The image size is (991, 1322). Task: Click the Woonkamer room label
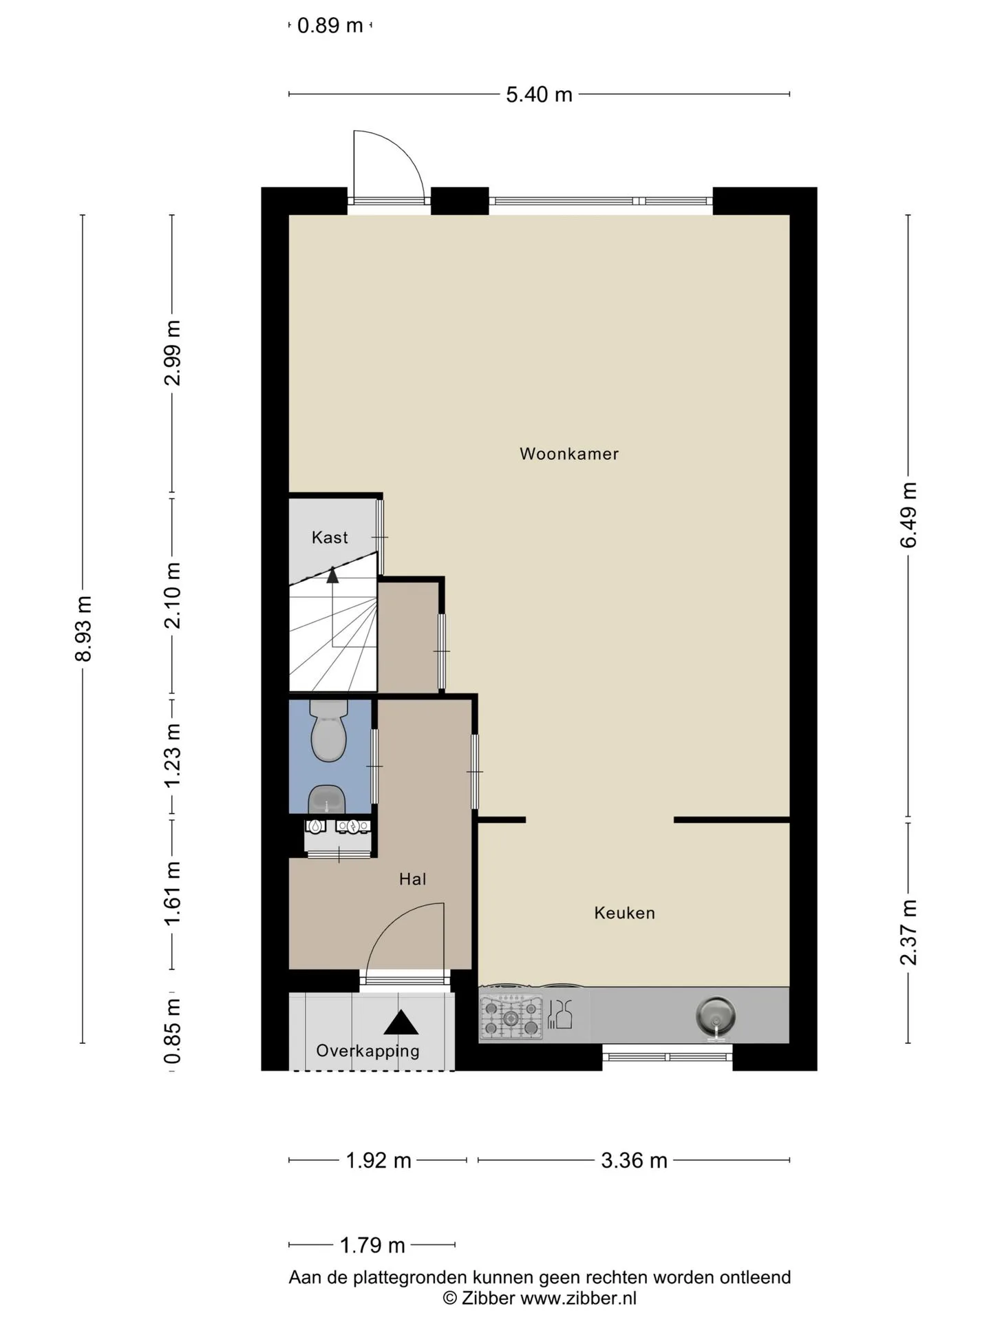click(569, 454)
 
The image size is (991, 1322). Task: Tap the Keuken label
click(624, 913)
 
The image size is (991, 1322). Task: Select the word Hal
click(413, 879)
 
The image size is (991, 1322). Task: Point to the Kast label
click(330, 538)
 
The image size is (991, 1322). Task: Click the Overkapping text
click(367, 1051)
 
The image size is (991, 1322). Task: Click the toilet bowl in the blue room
click(328, 731)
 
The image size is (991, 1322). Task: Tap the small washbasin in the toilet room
click(326, 799)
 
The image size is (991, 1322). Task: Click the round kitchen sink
click(716, 1016)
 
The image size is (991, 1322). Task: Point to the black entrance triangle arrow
click(401, 1022)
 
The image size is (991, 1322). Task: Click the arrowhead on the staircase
click(332, 574)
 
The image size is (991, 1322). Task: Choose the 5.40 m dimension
click(539, 94)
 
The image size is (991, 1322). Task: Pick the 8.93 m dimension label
click(83, 629)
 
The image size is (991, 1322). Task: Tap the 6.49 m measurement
click(908, 515)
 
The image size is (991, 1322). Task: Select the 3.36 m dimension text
click(634, 1161)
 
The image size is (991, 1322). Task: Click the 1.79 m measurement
click(372, 1246)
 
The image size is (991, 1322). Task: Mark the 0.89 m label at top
click(330, 26)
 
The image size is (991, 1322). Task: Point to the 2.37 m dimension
click(908, 932)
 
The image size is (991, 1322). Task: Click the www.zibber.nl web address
click(578, 1299)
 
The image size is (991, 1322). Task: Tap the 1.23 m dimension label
click(173, 755)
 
